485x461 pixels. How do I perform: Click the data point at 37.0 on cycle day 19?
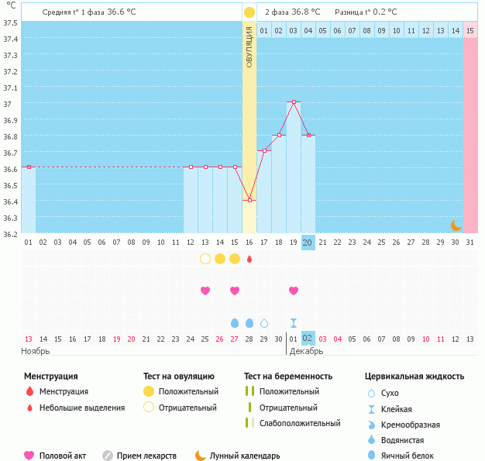(x=294, y=102)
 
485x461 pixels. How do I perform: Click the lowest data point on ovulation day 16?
(x=249, y=201)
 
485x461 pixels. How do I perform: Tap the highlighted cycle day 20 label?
(x=308, y=243)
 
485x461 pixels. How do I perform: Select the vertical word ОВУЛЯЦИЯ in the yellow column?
(x=249, y=46)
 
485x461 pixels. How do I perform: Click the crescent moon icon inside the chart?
(x=456, y=225)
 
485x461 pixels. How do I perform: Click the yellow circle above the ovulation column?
(x=249, y=12)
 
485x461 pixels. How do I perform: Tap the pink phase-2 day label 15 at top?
(x=470, y=31)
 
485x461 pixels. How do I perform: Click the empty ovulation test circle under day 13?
(x=205, y=259)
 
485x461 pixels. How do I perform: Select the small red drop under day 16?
(x=249, y=259)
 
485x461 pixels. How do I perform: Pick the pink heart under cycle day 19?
(x=294, y=291)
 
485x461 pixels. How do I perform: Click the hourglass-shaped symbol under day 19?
(x=294, y=322)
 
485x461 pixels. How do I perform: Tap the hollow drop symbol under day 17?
(x=264, y=322)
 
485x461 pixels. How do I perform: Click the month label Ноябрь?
(x=36, y=351)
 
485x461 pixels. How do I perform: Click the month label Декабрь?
(x=307, y=351)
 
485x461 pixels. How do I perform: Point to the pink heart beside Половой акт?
(x=29, y=456)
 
